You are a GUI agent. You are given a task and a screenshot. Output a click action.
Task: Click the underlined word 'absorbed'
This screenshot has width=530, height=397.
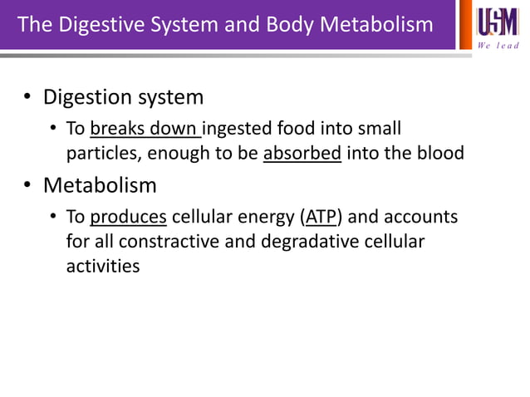(x=302, y=154)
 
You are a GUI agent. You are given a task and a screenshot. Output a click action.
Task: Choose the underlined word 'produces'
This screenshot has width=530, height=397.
(x=129, y=218)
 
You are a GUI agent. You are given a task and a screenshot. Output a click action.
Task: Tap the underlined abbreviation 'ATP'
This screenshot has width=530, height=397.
(x=320, y=218)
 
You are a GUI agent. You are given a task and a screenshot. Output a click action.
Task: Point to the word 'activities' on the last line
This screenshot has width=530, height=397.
(x=103, y=267)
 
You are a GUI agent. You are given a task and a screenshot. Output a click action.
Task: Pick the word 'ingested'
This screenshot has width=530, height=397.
(x=235, y=130)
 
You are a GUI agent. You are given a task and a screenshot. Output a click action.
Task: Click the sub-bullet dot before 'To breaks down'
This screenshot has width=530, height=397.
(x=52, y=130)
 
